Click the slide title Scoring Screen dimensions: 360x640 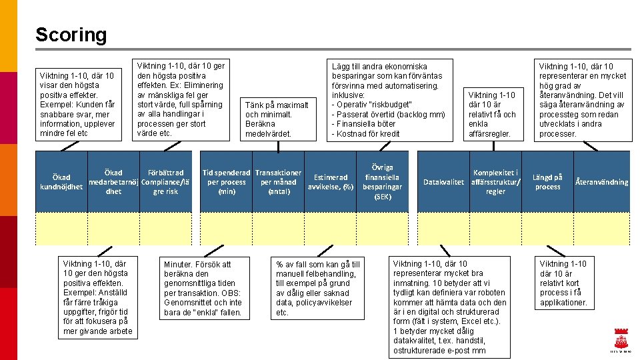tap(71, 35)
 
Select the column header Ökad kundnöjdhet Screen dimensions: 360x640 tap(61, 182)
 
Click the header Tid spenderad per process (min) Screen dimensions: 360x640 tap(227, 182)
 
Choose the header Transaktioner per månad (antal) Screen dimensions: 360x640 tap(278, 182)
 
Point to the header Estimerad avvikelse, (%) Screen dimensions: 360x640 tap(330, 182)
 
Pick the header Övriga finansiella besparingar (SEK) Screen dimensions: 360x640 tap(383, 182)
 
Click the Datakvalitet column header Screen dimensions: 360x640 tap(443, 182)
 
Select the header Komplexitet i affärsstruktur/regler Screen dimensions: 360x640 tap(495, 182)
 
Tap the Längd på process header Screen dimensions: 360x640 tap(547, 182)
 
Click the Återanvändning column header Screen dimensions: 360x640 tap(601, 182)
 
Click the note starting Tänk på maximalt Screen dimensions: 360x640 tap(277, 119)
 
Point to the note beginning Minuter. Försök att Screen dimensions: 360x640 tap(203, 288)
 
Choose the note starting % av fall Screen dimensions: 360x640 tap(317, 288)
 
